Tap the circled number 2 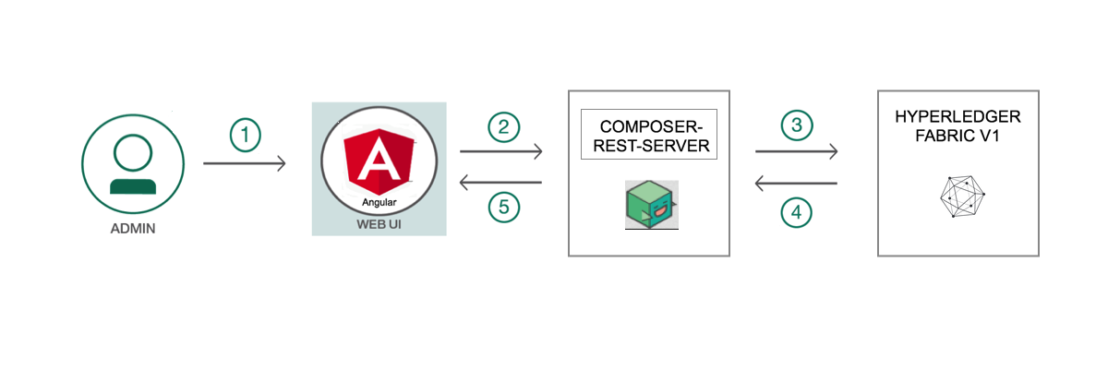coord(503,127)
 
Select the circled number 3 coord(797,126)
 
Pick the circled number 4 coord(797,212)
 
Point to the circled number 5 coord(503,207)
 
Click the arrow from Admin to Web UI coord(245,163)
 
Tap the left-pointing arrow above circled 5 coord(500,183)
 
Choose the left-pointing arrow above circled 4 coord(796,184)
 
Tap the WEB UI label coord(379,224)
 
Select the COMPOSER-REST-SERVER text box coord(648,137)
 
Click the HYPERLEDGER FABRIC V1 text coord(957,127)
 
